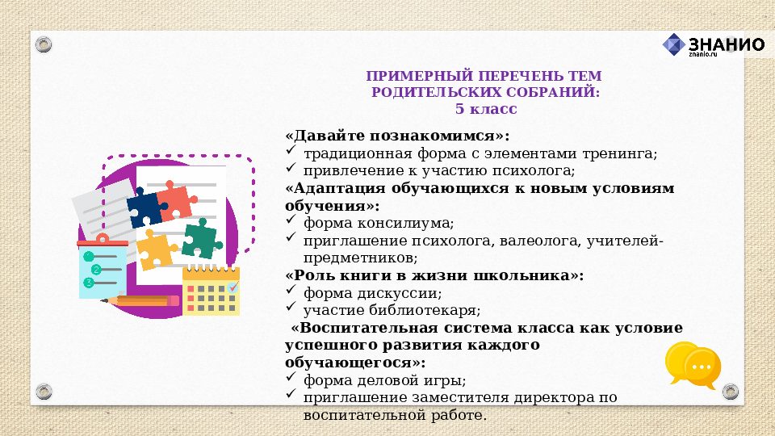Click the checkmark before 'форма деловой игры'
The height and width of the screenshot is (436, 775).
pos(291,379)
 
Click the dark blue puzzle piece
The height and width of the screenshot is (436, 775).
pos(145,208)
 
